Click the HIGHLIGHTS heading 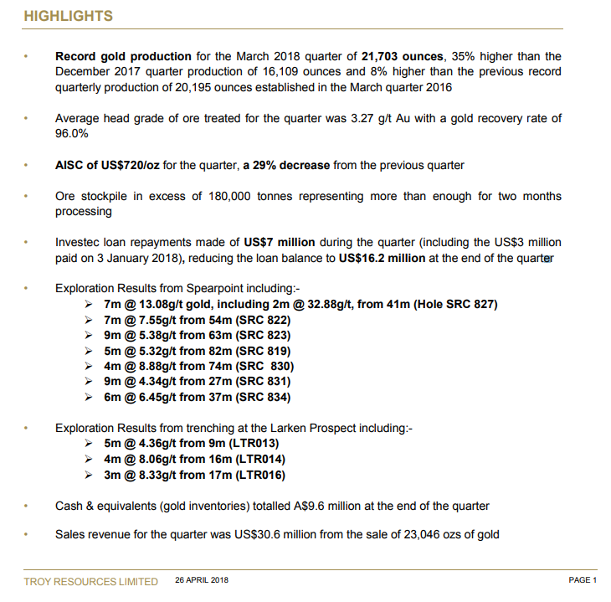pyautogui.click(x=68, y=16)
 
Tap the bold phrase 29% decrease pyautogui.click(x=288, y=165)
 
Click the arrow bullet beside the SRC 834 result pyautogui.click(x=90, y=398)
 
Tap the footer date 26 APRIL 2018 pyautogui.click(x=201, y=580)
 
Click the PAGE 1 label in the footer pyautogui.click(x=582, y=580)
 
